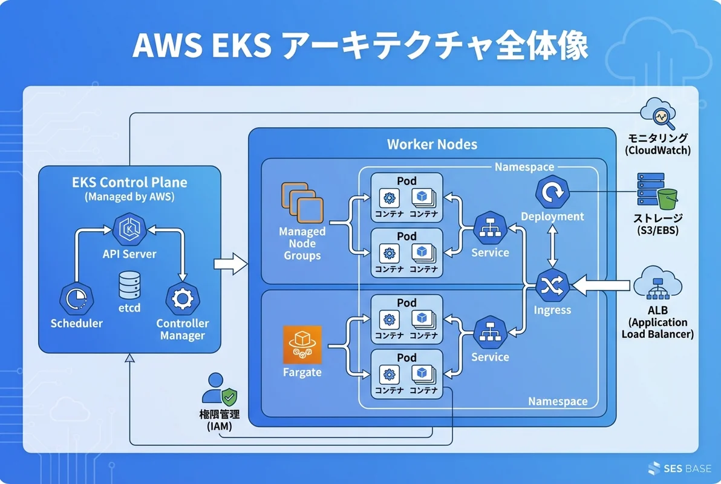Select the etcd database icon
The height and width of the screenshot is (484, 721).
point(129,285)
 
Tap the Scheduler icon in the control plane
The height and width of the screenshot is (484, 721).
point(76,299)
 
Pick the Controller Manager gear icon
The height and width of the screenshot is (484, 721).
point(181,299)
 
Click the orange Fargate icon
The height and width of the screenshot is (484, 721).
point(302,345)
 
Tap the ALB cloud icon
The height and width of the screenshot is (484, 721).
point(657,284)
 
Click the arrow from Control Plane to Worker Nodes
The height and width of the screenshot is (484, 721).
point(230,264)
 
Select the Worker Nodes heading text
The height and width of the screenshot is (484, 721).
point(432,145)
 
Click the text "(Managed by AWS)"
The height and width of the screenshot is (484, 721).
point(129,197)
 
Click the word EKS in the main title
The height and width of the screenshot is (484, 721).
point(233,47)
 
